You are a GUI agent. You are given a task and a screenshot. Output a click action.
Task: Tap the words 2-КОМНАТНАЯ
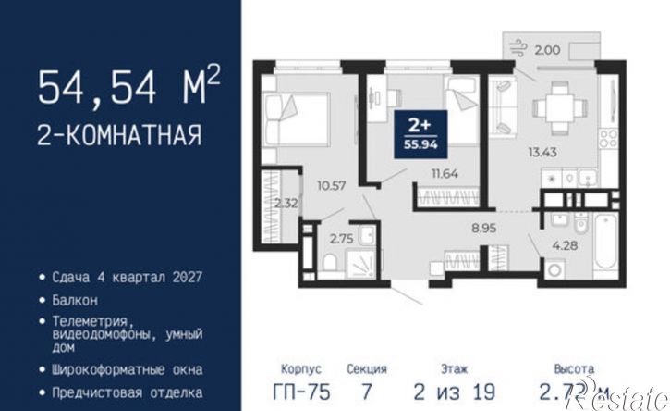click(119, 136)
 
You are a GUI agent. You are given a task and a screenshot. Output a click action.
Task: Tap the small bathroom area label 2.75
click(342, 238)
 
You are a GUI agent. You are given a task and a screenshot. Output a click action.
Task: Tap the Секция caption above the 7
click(367, 368)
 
